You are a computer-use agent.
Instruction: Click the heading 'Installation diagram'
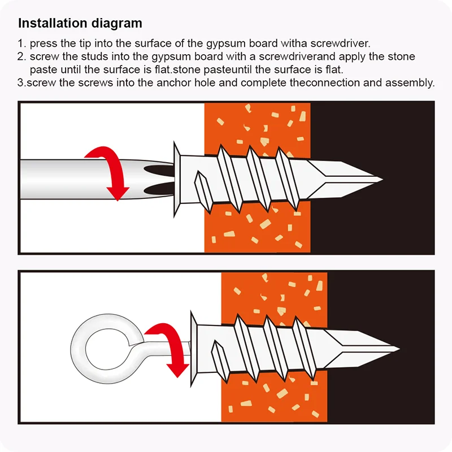[x=80, y=23]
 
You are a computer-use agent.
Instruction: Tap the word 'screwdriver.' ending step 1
[x=341, y=44]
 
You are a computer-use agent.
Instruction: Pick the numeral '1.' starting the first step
[x=22, y=44]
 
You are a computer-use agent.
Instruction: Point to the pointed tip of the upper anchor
[x=383, y=179]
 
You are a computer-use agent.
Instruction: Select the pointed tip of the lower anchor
[x=399, y=349]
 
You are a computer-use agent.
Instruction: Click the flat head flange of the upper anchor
[x=177, y=179]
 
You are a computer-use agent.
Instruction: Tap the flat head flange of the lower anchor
[x=194, y=349]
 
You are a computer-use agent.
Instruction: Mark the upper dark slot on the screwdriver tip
[x=159, y=171]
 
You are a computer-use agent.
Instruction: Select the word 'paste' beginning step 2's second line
[x=44, y=69]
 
